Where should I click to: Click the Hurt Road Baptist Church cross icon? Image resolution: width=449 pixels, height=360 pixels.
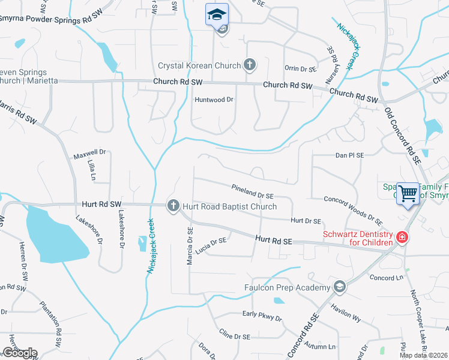point(173,206)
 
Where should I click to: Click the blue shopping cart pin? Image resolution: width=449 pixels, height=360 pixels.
point(408,193)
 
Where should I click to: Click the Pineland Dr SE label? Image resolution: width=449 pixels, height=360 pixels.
point(253,191)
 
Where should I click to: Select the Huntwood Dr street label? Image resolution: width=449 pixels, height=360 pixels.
point(213,100)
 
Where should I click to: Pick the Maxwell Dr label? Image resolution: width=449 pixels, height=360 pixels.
point(89,153)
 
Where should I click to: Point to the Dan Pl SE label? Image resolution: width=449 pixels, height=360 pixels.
point(350,155)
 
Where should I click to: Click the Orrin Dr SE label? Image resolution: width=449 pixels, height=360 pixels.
point(300,69)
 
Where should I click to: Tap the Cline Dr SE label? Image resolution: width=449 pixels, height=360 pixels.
point(234,335)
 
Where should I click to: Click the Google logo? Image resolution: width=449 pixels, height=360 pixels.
point(20,352)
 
